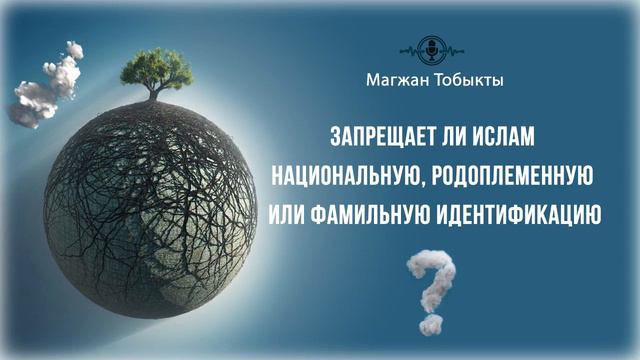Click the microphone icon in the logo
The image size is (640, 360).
click(432, 49)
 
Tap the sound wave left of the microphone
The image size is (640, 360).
click(411, 49)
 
